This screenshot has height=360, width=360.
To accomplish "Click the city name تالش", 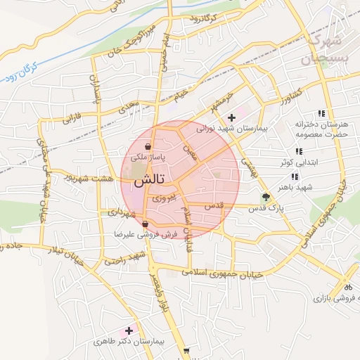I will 145,179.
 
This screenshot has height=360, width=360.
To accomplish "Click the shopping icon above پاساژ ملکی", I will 148,148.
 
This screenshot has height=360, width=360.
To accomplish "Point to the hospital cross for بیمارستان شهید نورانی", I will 232,116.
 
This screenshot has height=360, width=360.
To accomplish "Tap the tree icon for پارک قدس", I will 265,198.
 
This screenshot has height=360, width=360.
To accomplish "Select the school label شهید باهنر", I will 313,188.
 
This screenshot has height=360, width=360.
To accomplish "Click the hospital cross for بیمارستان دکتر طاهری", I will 129,330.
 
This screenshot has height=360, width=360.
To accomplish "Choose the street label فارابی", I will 72,117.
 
